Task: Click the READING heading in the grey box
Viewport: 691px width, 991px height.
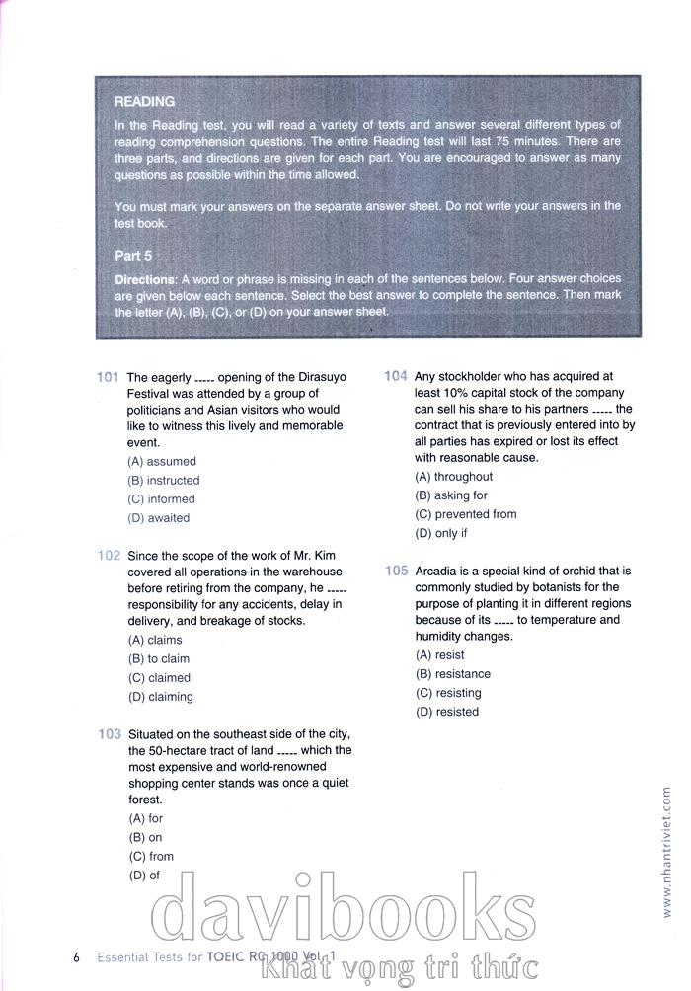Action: point(144,101)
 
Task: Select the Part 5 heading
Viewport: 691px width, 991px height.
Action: point(133,255)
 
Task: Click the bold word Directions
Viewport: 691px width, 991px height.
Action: point(145,280)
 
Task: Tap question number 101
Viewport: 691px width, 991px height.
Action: point(109,377)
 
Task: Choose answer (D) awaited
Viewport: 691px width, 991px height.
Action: point(159,518)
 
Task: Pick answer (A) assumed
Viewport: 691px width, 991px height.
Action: point(162,461)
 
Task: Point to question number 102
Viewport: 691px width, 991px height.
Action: point(109,556)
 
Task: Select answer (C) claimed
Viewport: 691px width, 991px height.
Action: point(159,678)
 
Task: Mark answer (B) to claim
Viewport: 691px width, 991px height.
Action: point(159,659)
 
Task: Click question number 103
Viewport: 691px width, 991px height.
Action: point(109,734)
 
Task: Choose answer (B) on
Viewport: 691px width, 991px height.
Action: point(145,838)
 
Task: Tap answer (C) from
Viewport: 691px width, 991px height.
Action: point(150,857)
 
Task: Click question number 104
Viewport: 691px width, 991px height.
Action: point(396,376)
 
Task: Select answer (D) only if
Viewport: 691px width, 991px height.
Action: point(441,533)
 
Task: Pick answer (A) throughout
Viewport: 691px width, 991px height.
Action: point(454,477)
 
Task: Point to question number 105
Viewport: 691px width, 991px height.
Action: point(396,571)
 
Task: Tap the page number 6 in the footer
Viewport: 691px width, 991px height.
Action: point(76,956)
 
